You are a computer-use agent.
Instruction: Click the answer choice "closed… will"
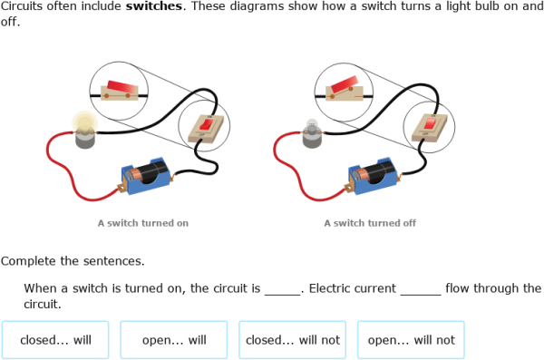(x=55, y=340)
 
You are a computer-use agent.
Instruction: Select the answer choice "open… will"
(x=174, y=340)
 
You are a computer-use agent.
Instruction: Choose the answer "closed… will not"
(x=292, y=340)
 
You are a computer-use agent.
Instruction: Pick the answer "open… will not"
(x=411, y=340)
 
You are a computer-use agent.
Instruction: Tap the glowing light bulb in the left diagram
(x=85, y=130)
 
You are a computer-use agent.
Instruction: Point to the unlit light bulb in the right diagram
(x=312, y=134)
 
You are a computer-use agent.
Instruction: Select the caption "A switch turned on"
(x=142, y=222)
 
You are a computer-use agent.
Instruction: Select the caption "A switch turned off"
(x=369, y=222)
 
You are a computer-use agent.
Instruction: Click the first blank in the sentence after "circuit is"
(x=282, y=289)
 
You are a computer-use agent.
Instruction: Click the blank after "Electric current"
(x=420, y=289)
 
